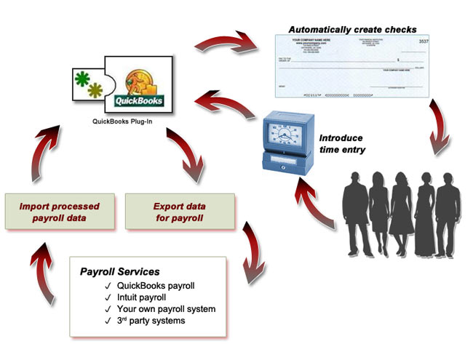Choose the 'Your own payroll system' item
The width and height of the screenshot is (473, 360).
tap(166, 308)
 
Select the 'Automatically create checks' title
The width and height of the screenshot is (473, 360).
tap(353, 30)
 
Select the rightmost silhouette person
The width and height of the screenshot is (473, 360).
tap(444, 215)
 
